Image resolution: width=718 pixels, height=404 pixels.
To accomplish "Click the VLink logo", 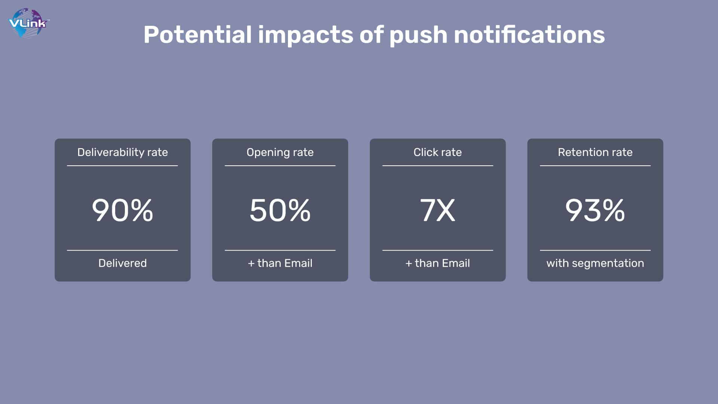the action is [28, 23].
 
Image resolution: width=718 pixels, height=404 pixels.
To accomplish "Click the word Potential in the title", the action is [197, 35].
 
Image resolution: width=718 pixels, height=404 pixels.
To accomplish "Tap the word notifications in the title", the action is [529, 35].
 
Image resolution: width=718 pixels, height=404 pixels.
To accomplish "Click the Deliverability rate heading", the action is [123, 152].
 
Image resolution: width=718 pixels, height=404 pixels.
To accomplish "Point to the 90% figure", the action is [123, 210].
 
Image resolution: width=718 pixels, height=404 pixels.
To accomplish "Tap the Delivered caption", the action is [123, 263].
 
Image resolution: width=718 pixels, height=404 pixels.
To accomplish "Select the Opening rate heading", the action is [280, 153].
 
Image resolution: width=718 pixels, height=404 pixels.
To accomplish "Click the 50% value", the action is [280, 210].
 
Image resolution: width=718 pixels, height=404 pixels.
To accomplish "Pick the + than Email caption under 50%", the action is [280, 263].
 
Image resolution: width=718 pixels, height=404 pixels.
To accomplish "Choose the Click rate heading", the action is [438, 152].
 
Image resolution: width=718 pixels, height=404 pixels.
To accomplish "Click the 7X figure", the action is [438, 210].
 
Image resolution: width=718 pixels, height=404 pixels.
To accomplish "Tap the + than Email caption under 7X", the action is [438, 263].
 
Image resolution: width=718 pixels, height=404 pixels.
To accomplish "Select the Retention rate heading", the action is [595, 152].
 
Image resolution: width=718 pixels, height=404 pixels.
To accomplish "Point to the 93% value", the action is [595, 210].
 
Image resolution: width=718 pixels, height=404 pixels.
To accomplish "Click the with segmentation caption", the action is [595, 263].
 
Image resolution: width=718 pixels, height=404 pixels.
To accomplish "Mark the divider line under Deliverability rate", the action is [122, 166].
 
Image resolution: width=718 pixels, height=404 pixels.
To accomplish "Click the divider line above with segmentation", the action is [595, 250].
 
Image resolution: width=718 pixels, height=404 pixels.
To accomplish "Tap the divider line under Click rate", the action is [438, 166].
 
